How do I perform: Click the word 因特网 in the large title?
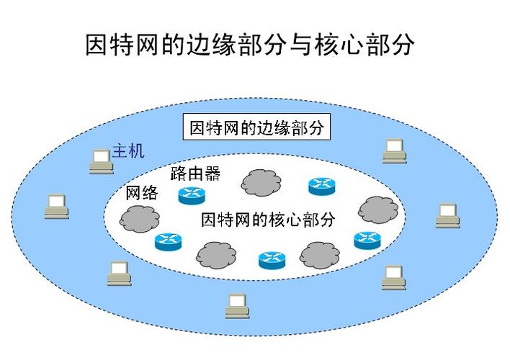tap(121, 44)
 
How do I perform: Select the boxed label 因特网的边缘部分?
tap(256, 127)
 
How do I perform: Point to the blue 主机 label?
tap(128, 151)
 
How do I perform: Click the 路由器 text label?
tap(195, 174)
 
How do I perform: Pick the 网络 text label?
tap(141, 193)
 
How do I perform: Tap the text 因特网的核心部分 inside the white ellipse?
tap(268, 220)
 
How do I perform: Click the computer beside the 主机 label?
tap(101, 161)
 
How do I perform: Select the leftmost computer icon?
tap(57, 206)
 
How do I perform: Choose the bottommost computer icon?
tap(238, 306)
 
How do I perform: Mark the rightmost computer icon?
tap(447, 215)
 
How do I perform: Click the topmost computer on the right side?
tap(394, 151)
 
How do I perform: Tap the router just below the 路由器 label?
tap(192, 195)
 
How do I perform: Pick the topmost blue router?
tap(322, 186)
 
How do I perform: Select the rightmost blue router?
tap(367, 240)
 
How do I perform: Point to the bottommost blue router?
tap(272, 260)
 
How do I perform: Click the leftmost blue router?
tap(168, 242)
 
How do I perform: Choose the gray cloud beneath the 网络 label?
tap(140, 219)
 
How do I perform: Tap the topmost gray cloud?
tap(261, 182)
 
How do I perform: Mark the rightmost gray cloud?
tap(378, 210)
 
